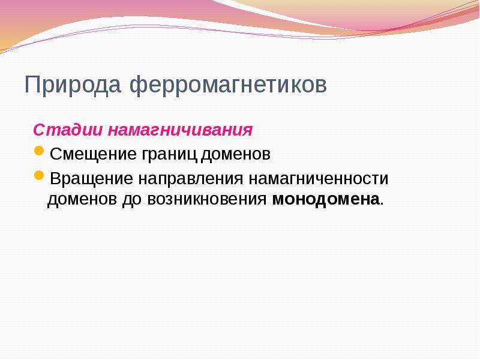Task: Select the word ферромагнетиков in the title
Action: click(229, 85)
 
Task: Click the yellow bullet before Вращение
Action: click(39, 176)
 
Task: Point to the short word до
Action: click(131, 199)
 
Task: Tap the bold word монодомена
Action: click(326, 199)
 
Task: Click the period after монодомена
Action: click(382, 203)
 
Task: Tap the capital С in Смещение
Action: click(55, 155)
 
